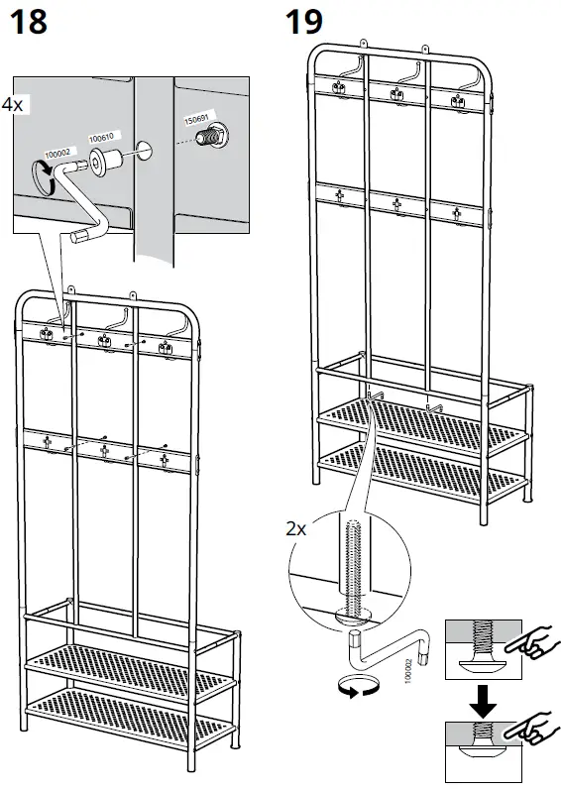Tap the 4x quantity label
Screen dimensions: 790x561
(x=11, y=103)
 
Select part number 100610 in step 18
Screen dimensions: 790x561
(x=102, y=139)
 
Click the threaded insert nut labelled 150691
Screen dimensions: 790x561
(x=210, y=138)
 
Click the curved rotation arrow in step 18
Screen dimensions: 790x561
(x=43, y=175)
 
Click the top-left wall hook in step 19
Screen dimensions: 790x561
(x=341, y=88)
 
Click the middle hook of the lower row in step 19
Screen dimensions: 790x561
(x=396, y=205)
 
